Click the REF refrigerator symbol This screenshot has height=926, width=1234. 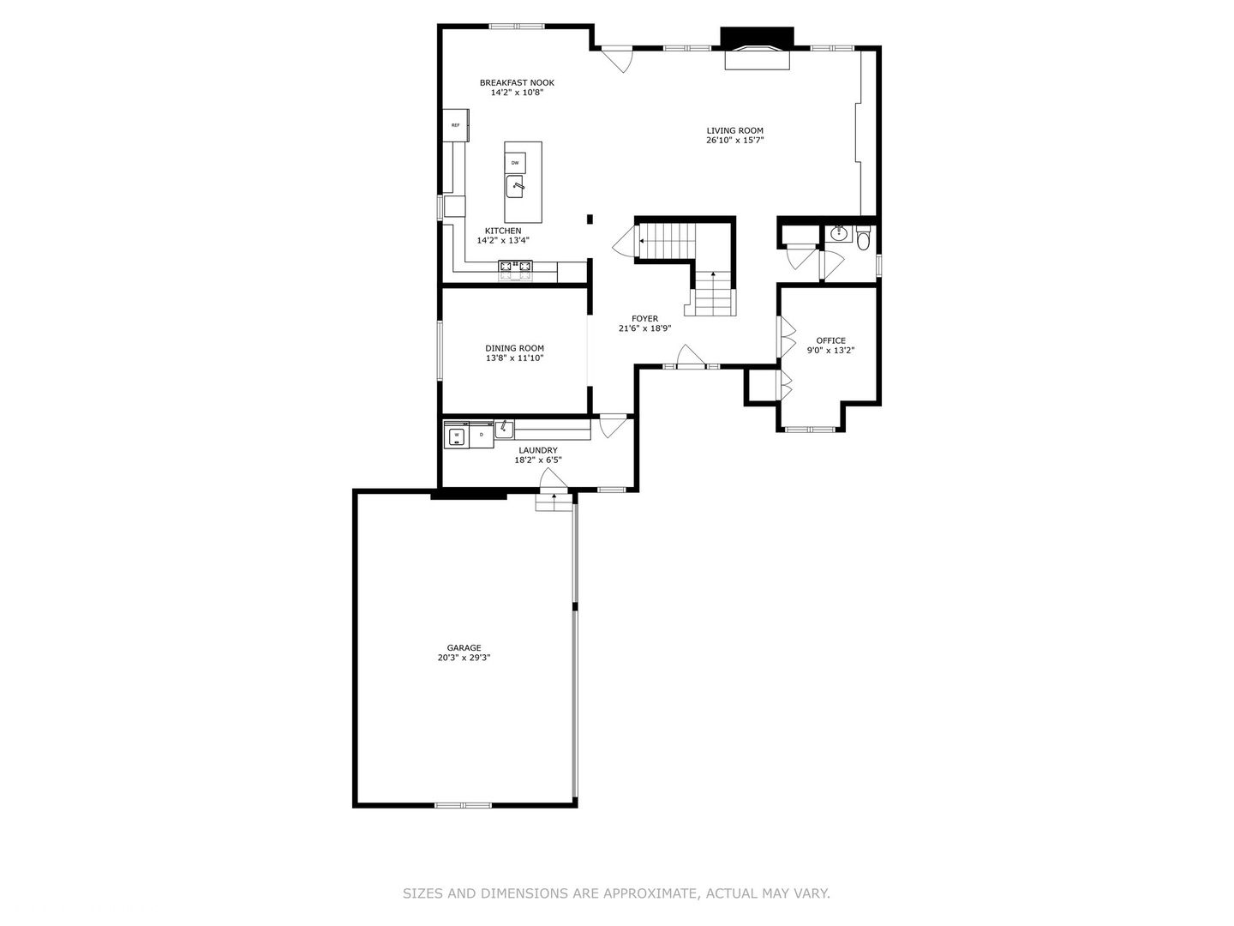point(455,125)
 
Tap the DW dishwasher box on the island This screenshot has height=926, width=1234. point(515,162)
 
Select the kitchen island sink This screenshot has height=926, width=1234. point(516,184)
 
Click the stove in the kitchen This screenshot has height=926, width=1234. point(515,270)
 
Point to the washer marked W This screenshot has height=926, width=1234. point(457,436)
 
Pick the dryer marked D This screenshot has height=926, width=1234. point(482,436)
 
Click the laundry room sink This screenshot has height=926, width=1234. point(504,429)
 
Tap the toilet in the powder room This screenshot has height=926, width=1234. point(863,238)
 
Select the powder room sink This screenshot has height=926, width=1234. point(840,233)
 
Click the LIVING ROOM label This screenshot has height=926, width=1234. point(734,130)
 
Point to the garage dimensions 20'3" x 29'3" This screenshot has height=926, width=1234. point(464,658)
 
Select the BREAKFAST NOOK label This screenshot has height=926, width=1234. point(517,83)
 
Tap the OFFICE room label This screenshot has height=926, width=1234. point(830,340)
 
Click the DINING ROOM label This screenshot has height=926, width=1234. point(514,348)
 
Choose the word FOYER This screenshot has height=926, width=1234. point(644,319)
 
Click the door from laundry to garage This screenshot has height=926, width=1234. point(553,481)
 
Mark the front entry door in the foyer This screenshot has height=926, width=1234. point(690,358)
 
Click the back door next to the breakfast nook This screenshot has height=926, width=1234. point(615,58)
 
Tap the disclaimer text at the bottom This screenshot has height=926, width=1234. point(616,893)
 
